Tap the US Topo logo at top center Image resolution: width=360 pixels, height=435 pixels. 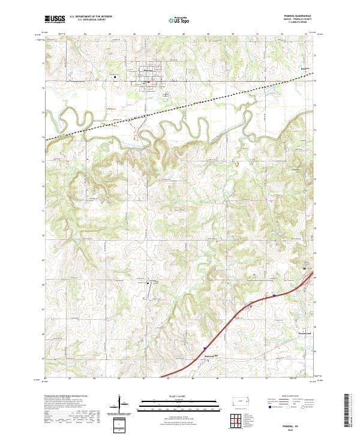tap(179, 19)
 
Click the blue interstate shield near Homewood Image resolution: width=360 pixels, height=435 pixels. tap(274, 295)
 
